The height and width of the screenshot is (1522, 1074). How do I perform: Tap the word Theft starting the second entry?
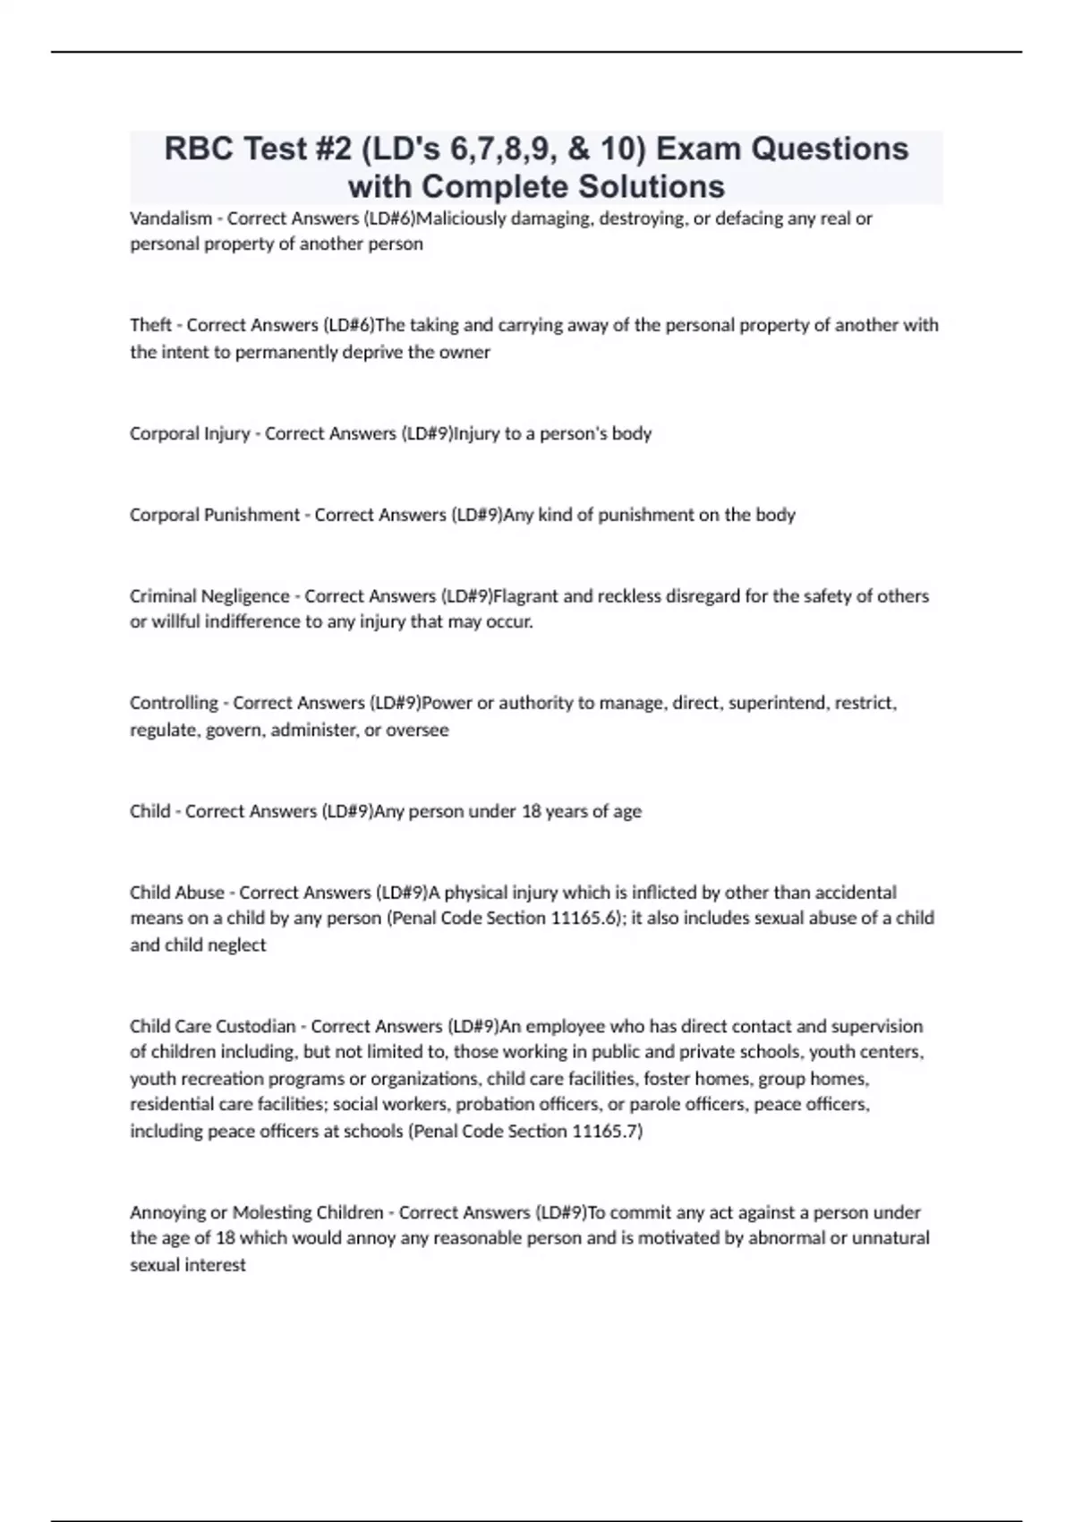[x=150, y=325]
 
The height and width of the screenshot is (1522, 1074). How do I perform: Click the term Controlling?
[x=174, y=704]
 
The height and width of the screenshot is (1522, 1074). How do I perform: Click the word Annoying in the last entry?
[x=167, y=1213]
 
